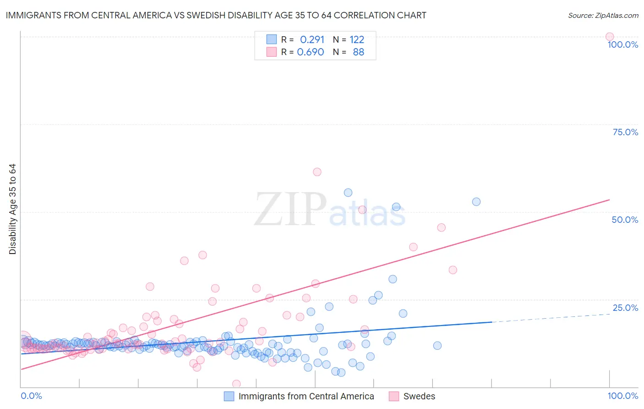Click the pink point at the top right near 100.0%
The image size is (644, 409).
click(609, 37)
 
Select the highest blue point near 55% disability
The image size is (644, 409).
click(348, 193)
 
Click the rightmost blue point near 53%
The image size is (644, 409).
click(476, 202)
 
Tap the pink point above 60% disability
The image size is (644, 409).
click(317, 172)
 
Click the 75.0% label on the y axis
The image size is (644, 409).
click(625, 132)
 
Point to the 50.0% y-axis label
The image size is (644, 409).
click(625, 220)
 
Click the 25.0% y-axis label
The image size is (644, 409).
click(625, 308)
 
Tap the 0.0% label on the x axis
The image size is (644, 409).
click(31, 396)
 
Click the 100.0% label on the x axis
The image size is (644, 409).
click(622, 396)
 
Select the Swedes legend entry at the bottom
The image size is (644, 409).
click(419, 396)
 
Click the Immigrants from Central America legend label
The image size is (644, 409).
click(306, 396)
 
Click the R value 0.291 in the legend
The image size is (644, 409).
click(312, 40)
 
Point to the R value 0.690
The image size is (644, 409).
click(311, 52)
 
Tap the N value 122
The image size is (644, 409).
click(357, 40)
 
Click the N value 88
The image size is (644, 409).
click(358, 52)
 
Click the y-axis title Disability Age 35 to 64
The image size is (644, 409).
click(12, 209)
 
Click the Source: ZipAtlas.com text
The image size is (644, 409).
click(603, 15)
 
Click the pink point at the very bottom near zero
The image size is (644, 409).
click(236, 384)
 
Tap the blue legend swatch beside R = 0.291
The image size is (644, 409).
click(272, 39)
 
